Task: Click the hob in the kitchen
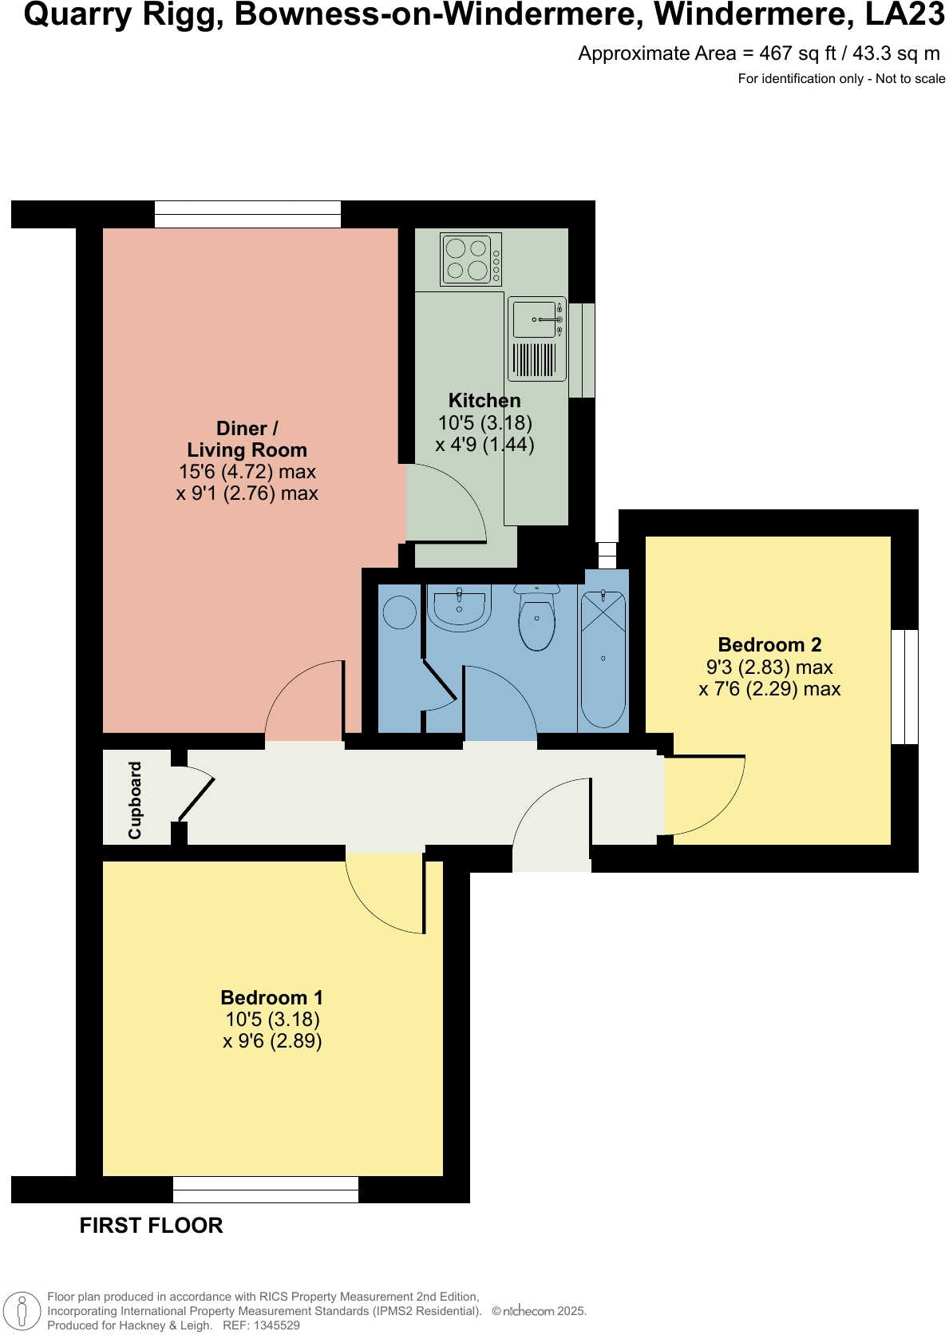click(x=471, y=259)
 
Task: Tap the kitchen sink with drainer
click(x=536, y=339)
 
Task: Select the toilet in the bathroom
click(x=536, y=619)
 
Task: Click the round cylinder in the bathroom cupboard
click(x=399, y=613)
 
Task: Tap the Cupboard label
click(x=135, y=799)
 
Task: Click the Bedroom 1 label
click(x=271, y=998)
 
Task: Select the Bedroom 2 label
click(x=769, y=645)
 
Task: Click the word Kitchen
click(x=484, y=401)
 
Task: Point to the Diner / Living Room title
click(x=247, y=439)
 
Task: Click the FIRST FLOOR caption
click(x=151, y=1226)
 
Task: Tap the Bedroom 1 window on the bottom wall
click(x=266, y=1190)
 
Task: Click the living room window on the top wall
click(x=247, y=214)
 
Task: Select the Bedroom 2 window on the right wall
click(x=904, y=687)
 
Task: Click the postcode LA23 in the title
click(x=904, y=14)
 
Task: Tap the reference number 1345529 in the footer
click(x=273, y=1325)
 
